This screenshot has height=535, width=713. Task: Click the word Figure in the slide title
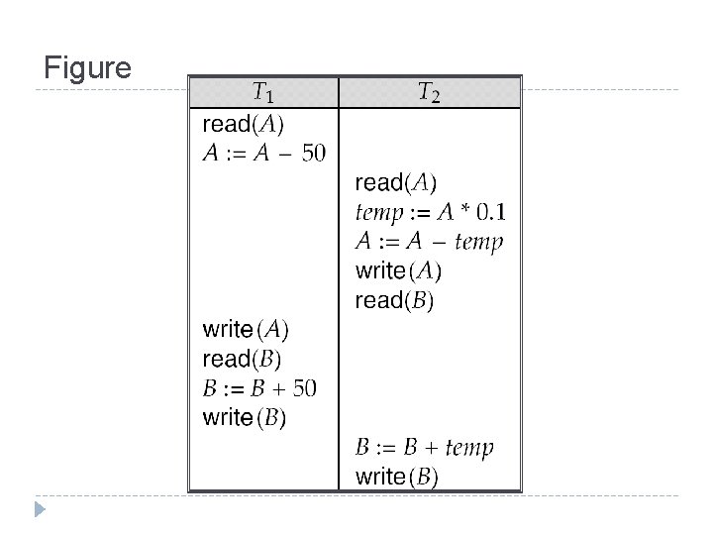coord(88,69)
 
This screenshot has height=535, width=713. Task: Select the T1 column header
coord(262,94)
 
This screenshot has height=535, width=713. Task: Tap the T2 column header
coord(429,94)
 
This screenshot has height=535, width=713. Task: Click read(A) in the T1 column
coord(243,125)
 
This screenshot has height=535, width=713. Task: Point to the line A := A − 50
coord(263,155)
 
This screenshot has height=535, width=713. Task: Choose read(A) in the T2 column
coord(395,183)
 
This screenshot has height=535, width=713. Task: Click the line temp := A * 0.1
coord(431,212)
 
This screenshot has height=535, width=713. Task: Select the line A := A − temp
coord(429,242)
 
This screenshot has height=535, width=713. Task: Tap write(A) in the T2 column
coord(398,270)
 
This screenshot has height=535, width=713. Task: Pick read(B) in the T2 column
coord(394,300)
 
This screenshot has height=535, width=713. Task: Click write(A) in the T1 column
coord(246,329)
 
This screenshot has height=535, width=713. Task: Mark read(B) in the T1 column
coord(242,359)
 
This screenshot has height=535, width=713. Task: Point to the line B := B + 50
coord(259,388)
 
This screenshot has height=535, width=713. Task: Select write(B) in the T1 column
coord(245,417)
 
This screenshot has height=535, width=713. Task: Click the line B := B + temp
coord(424,448)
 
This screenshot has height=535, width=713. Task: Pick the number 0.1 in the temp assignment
coord(491,212)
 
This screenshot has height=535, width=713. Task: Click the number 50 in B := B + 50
coord(304,388)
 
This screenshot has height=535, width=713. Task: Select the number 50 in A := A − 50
coord(312,155)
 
